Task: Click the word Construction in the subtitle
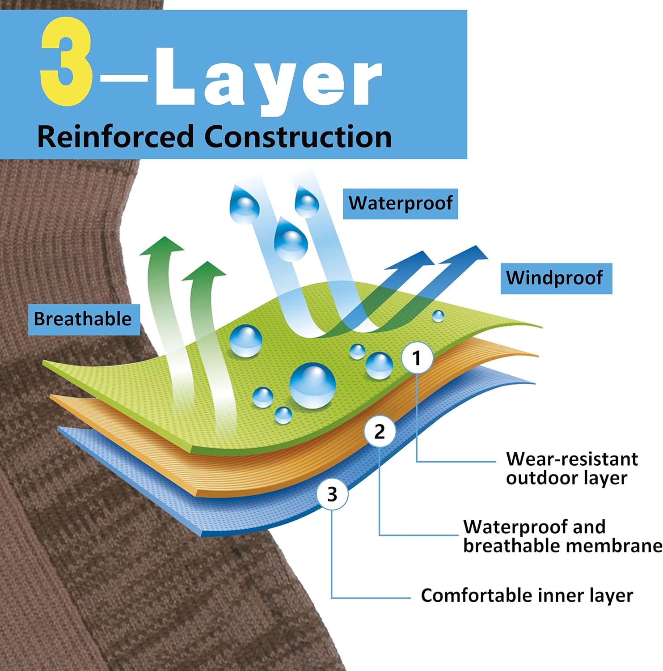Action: click(298, 136)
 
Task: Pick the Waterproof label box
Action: click(401, 204)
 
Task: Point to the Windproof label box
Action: click(556, 278)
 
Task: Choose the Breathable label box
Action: click(84, 319)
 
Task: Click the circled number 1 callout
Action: click(417, 358)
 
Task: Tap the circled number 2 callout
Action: click(380, 432)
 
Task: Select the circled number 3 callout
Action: click(332, 494)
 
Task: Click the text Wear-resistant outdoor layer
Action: click(571, 468)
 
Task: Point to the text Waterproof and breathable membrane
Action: click(562, 536)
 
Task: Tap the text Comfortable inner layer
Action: click(527, 596)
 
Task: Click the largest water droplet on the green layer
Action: click(312, 385)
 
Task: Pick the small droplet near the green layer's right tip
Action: click(438, 316)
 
